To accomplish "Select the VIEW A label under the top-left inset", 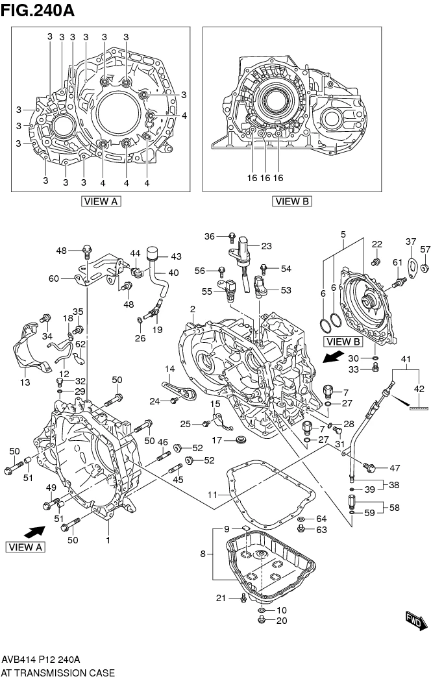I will pyautogui.click(x=101, y=201).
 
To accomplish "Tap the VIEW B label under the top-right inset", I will pyautogui.click(x=292, y=201).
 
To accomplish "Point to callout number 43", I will pyautogui.click(x=176, y=256).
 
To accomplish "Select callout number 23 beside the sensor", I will pyautogui.click(x=266, y=246).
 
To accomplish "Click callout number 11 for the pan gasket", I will pyautogui.click(x=212, y=495).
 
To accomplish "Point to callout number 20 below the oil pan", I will pyautogui.click(x=281, y=621).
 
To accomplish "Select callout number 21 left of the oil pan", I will pyautogui.click(x=221, y=598).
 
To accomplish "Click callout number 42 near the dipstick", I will pyautogui.click(x=419, y=389).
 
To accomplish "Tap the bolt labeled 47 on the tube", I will pyautogui.click(x=369, y=467).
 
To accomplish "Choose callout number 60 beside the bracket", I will pyautogui.click(x=54, y=279).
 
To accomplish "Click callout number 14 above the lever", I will pyautogui.click(x=169, y=369).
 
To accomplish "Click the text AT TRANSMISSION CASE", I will pyautogui.click(x=58, y=673).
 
